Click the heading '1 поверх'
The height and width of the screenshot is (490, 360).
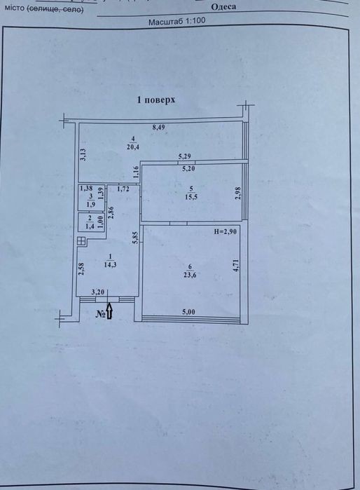click(155, 100)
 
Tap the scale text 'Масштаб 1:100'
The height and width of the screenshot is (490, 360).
click(176, 22)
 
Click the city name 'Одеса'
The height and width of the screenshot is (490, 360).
click(223, 7)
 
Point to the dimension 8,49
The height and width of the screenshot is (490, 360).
click(158, 127)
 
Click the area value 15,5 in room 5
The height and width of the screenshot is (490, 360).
click(191, 197)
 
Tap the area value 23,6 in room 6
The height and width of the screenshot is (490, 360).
click(190, 275)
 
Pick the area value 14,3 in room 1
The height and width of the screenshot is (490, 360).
click(110, 264)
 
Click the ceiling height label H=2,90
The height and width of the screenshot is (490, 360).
click(226, 231)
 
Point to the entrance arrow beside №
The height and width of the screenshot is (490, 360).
click(109, 311)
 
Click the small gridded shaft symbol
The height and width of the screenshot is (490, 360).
click(81, 241)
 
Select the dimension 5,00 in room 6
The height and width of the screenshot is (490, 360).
click(188, 312)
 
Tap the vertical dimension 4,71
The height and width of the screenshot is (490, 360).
click(236, 266)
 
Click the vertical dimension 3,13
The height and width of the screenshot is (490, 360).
click(83, 154)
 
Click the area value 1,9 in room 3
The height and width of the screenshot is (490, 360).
click(91, 205)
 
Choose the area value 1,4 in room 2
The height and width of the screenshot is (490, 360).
click(90, 227)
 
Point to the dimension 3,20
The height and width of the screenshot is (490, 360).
click(98, 292)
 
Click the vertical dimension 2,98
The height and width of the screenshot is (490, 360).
click(239, 193)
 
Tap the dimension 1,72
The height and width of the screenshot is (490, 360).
click(123, 189)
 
